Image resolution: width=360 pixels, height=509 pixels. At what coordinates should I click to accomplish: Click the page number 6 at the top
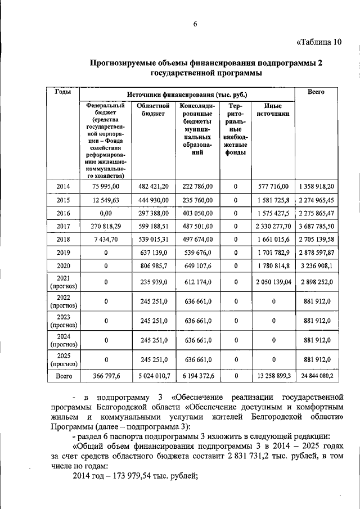click(196, 24)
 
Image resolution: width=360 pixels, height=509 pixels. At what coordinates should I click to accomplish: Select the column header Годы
click(62, 92)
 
